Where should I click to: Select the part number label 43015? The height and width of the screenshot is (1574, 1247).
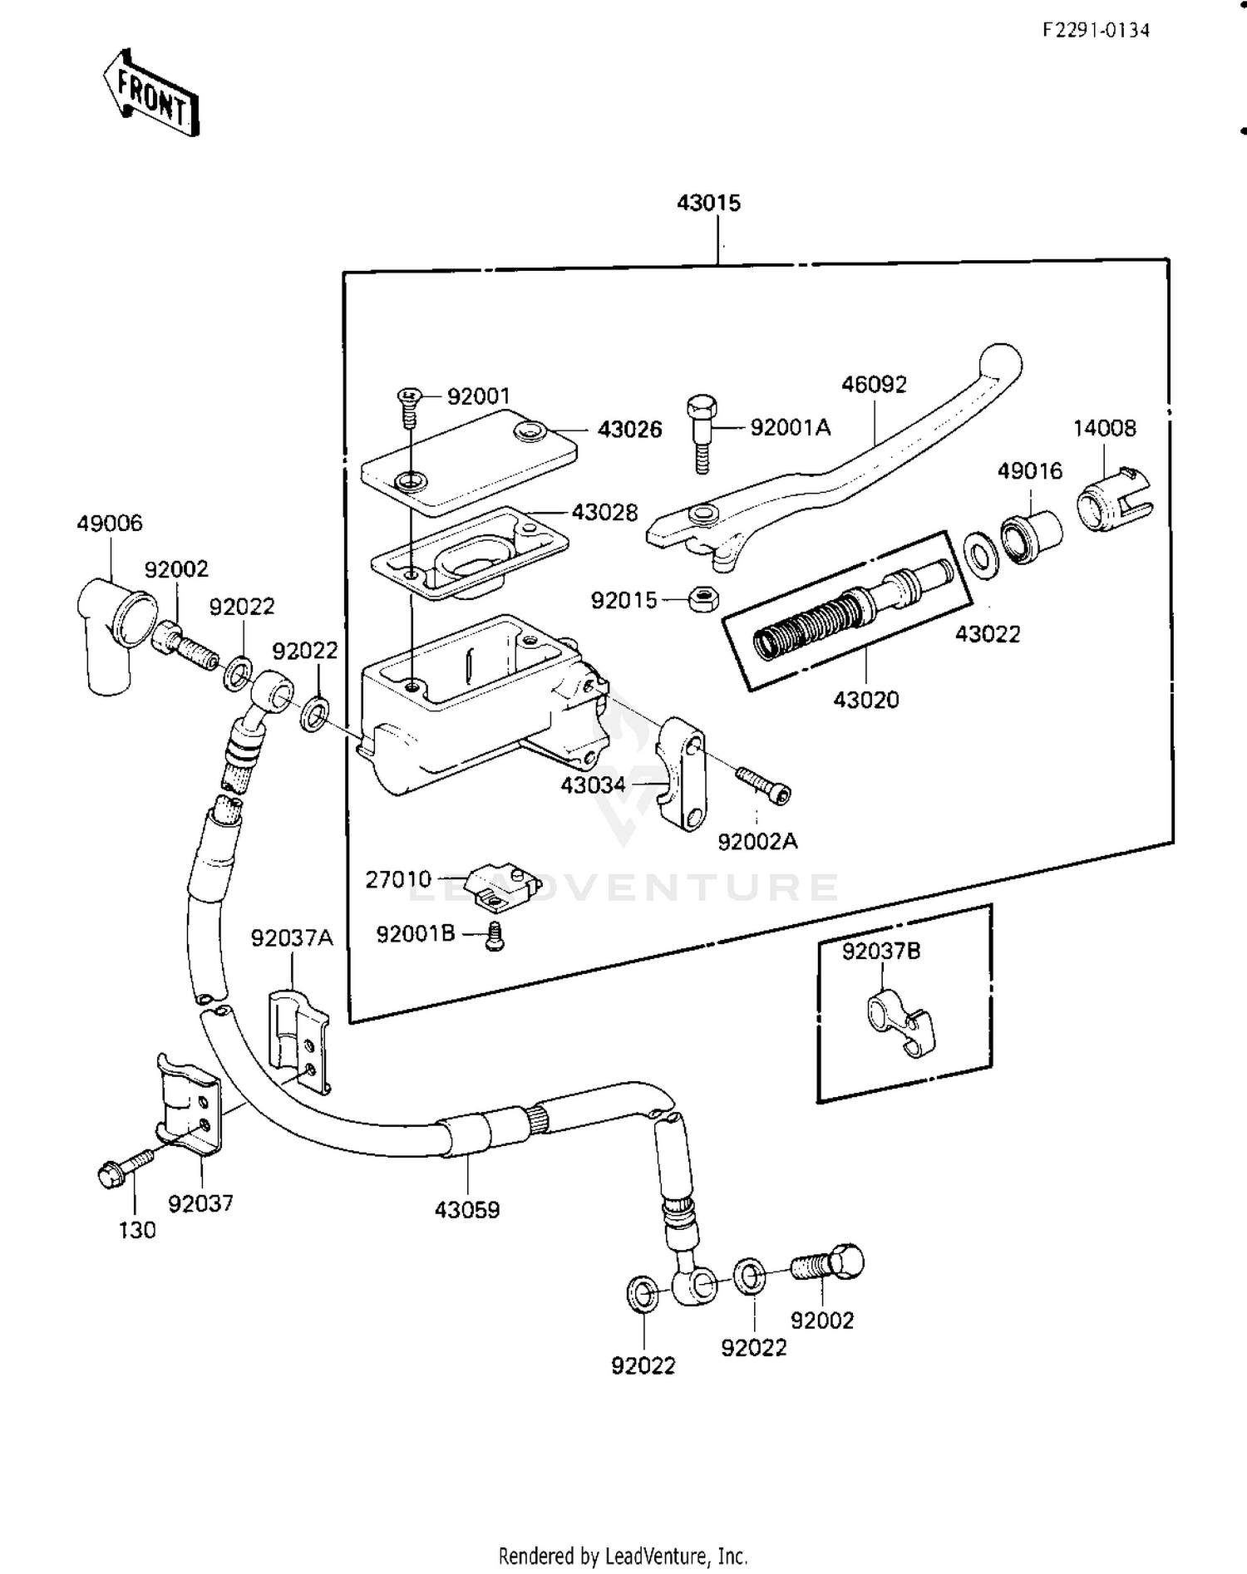pos(708,203)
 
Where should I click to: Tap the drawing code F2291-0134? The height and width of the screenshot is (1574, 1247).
pos(1097,31)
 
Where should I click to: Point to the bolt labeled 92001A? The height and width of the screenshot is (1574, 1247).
pos(701,433)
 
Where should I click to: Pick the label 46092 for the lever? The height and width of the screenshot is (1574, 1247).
pos(874,385)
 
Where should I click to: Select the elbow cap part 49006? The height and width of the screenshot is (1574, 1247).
pos(116,634)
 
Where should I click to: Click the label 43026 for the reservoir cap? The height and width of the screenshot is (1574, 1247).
pos(629,430)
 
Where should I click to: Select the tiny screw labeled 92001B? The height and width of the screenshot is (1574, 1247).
pos(495,937)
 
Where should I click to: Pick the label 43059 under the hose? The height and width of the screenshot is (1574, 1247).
pos(467,1210)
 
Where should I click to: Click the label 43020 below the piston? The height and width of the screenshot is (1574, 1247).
pos(865,700)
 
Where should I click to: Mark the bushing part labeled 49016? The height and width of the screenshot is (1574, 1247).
pos(1030,537)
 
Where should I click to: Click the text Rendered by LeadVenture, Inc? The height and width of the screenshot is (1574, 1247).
pos(623,1555)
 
